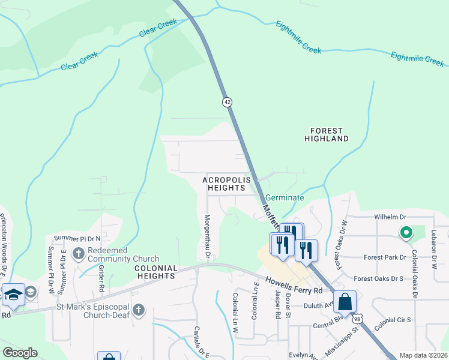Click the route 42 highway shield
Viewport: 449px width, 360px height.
point(227,103)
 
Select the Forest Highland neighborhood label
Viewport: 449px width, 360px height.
point(326,134)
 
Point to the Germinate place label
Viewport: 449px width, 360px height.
point(285,197)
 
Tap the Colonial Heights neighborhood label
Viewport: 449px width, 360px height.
point(155,272)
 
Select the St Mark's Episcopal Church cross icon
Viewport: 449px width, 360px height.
point(139,310)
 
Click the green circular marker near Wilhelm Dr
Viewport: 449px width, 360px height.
point(406,232)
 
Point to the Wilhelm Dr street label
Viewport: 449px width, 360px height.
point(390,217)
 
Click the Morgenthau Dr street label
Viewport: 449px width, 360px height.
point(207,238)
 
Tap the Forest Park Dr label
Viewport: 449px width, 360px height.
point(385,257)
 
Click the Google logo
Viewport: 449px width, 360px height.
point(20,353)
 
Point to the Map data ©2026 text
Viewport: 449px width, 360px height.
point(423,355)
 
